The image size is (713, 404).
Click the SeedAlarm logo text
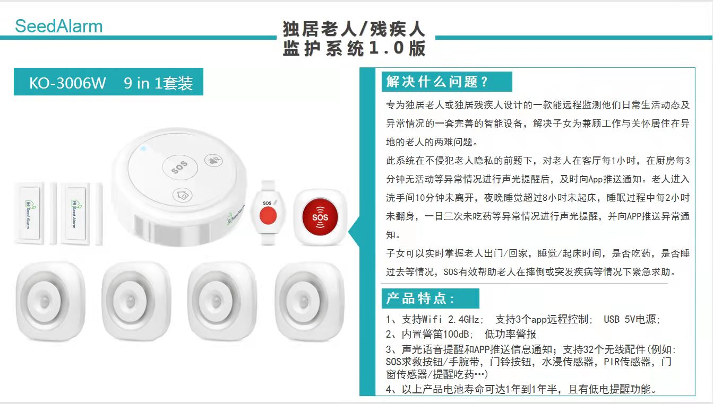coord(59,26)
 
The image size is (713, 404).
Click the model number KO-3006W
coord(67,83)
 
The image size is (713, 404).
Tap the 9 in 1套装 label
coord(158,83)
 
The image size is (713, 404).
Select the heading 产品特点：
coord(420,298)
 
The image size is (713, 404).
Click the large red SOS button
coord(320,217)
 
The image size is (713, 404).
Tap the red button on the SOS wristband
coord(268,215)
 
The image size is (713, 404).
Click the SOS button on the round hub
coord(180,167)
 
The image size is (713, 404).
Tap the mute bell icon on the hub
coord(213,160)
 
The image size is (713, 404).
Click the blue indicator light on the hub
coord(143,148)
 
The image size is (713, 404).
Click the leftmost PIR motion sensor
coord(50,301)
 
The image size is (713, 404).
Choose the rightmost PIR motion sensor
coord(310,301)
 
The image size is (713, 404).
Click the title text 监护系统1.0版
coord(354,49)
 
